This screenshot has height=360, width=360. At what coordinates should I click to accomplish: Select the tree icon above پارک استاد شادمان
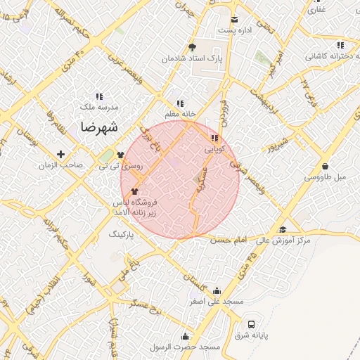(192, 48)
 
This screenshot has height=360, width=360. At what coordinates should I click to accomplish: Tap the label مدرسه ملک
(99, 107)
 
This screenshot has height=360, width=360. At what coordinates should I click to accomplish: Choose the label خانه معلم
(181, 115)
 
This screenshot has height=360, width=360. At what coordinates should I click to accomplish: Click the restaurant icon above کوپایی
(214, 139)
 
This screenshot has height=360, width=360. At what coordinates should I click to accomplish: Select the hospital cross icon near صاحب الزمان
(60, 154)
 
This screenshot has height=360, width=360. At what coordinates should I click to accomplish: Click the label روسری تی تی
(120, 165)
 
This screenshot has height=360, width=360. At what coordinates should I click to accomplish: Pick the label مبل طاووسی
(325, 177)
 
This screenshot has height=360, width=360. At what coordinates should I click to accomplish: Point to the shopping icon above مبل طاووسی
(325, 166)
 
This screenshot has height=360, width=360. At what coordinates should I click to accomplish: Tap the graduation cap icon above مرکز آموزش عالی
(283, 229)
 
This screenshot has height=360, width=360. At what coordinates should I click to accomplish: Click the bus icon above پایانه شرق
(252, 324)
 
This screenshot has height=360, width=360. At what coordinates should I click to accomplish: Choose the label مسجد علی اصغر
(216, 301)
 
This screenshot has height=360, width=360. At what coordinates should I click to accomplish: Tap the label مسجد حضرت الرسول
(186, 347)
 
